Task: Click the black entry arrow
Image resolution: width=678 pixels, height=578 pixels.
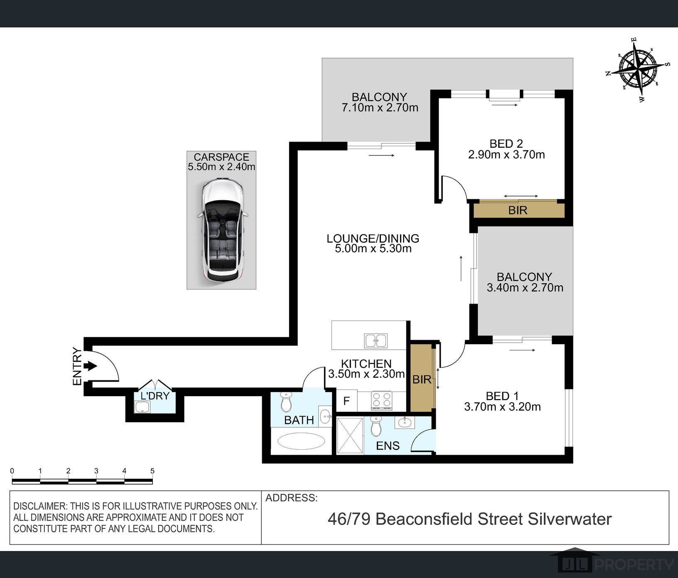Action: (90, 366)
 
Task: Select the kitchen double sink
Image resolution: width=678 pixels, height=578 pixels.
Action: (376, 340)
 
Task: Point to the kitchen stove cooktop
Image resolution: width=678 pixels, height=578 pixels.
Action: (381, 400)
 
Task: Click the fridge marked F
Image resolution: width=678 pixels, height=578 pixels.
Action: (346, 401)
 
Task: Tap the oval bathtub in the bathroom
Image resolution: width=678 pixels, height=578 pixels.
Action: (301, 441)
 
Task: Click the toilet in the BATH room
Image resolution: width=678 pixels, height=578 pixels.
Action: (286, 401)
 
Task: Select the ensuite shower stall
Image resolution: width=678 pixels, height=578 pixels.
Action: (350, 436)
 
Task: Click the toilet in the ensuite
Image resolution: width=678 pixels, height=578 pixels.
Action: (376, 426)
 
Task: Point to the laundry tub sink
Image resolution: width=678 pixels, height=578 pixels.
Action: (142, 407)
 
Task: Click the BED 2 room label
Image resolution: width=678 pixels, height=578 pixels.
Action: (506, 144)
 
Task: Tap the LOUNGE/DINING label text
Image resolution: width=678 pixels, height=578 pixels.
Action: (373, 238)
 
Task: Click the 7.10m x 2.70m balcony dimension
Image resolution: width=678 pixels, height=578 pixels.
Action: (380, 108)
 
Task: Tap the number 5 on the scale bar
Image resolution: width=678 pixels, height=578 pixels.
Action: (152, 471)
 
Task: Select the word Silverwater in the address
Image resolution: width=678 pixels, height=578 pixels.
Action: (570, 519)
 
